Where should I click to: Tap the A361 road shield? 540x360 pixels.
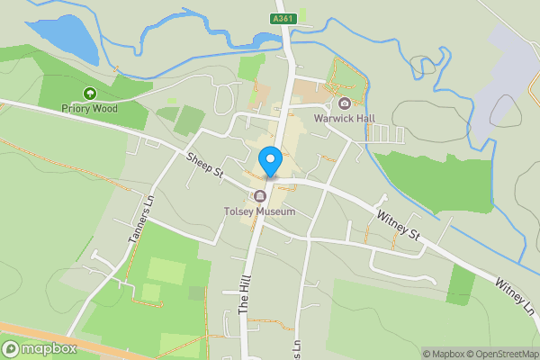(x=283, y=18)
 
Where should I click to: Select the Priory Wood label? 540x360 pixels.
(x=90, y=108)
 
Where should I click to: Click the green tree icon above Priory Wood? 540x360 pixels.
(x=90, y=93)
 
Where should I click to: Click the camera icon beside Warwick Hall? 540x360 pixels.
(x=344, y=103)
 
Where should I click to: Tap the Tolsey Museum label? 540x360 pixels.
(x=259, y=211)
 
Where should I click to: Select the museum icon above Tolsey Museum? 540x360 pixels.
(x=260, y=196)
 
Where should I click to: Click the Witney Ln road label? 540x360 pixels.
(x=515, y=296)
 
